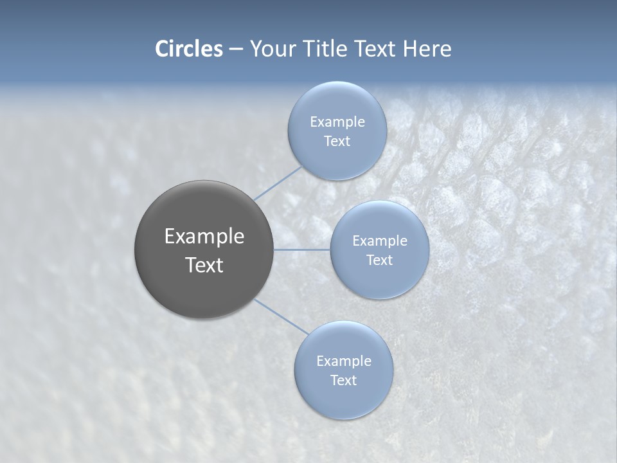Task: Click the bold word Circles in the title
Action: tap(188, 49)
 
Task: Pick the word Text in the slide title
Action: tap(376, 49)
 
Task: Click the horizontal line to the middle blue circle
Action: tap(301, 250)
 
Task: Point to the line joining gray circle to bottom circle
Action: tap(281, 316)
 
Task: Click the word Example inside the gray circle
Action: tap(204, 236)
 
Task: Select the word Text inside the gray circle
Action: tap(204, 265)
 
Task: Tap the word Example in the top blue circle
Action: tap(337, 122)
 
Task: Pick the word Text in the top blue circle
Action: tap(337, 141)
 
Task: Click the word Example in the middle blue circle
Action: tap(379, 241)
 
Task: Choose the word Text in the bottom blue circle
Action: tap(343, 380)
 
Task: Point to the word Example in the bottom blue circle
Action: tap(343, 361)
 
